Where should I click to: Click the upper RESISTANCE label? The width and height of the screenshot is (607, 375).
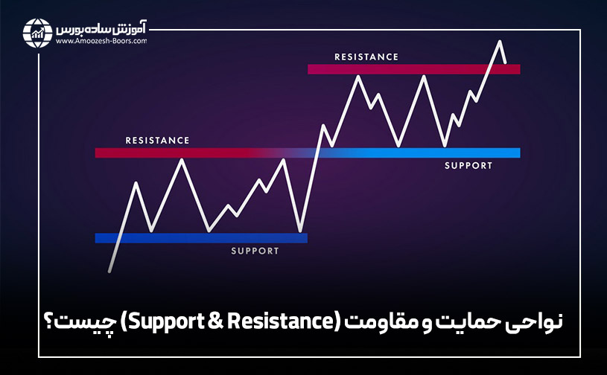(366, 57)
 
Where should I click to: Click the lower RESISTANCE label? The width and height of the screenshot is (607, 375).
(157, 140)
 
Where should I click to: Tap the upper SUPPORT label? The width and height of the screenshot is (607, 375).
(468, 166)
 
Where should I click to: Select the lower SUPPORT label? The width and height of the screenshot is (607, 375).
(255, 251)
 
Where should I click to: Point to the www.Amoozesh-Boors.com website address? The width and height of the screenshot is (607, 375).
(101, 42)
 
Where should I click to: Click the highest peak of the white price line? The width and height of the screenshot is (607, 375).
(500, 41)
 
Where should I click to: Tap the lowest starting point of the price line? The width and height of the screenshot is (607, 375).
(110, 272)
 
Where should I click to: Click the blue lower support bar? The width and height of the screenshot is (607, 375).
(200, 238)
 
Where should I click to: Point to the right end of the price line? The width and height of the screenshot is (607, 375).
(506, 62)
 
